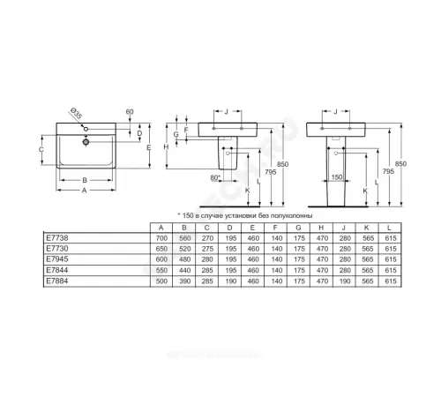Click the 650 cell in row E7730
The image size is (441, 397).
(x=161, y=251)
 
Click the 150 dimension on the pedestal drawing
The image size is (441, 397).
(x=337, y=179)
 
